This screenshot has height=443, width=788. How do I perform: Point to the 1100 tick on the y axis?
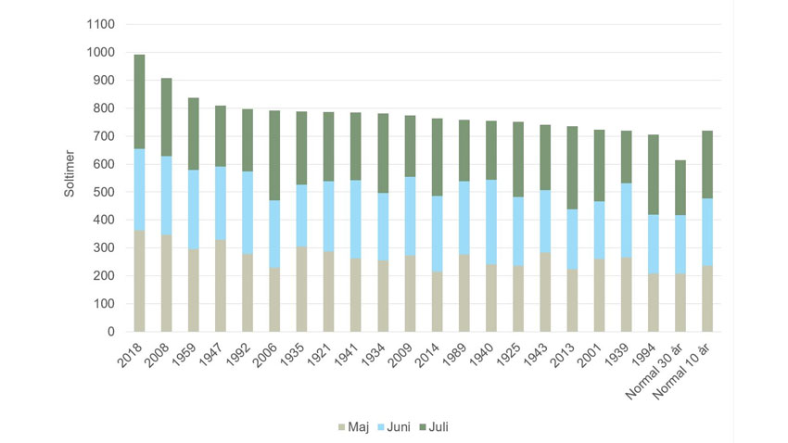point(101,25)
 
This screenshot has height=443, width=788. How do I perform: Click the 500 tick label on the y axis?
point(104,192)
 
